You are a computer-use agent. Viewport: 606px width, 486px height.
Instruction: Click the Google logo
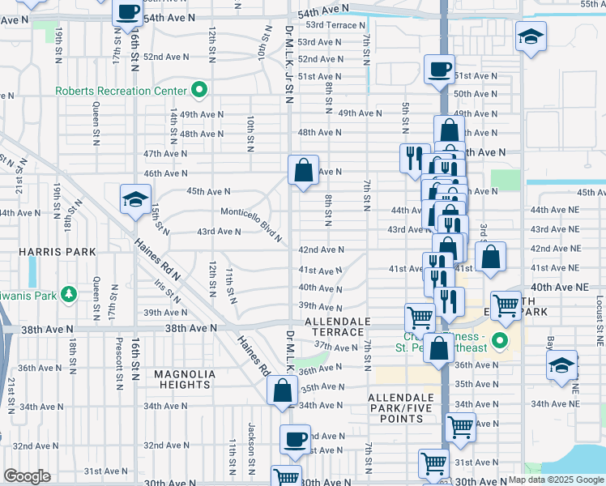click(x=27, y=476)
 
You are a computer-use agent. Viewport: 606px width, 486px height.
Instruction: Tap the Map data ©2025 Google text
click(x=556, y=480)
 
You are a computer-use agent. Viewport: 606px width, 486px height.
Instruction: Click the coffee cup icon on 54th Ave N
click(x=127, y=12)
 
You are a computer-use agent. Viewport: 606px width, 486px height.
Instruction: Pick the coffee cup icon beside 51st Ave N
click(x=439, y=70)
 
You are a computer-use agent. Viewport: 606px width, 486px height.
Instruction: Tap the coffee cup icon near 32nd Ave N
click(x=295, y=440)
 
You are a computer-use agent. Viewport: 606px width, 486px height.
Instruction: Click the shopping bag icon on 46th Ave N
click(x=303, y=170)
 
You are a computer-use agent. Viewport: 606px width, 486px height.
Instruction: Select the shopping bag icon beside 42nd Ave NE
click(x=490, y=258)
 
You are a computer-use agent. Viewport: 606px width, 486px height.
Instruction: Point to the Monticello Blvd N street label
click(x=253, y=224)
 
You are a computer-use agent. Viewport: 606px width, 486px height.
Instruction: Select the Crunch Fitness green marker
click(x=500, y=340)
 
